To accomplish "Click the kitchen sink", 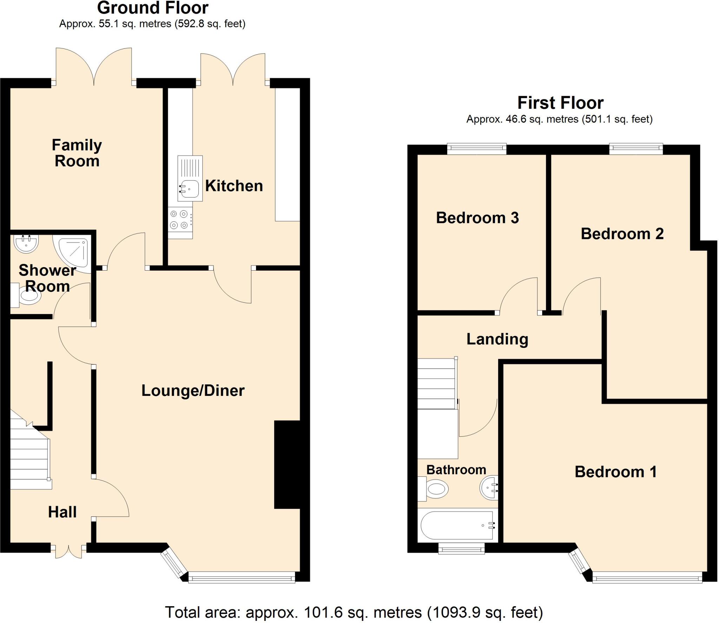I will pos(190,179).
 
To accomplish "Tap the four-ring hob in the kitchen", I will pos(179,219).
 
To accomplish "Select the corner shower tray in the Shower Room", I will pos(73,252).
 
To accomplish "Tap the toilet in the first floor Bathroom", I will pos(433,489).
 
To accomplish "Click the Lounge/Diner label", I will pos(193,391).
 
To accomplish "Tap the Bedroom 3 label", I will pos(477,218).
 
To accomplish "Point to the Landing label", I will pos(497,339).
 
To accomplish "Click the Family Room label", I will pos(77,153).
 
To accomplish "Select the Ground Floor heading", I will pos(152,8).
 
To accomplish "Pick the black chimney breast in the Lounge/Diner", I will pos(287,464).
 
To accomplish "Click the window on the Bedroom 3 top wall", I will pos(477,149).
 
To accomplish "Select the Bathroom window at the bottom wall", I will pos(461,548).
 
